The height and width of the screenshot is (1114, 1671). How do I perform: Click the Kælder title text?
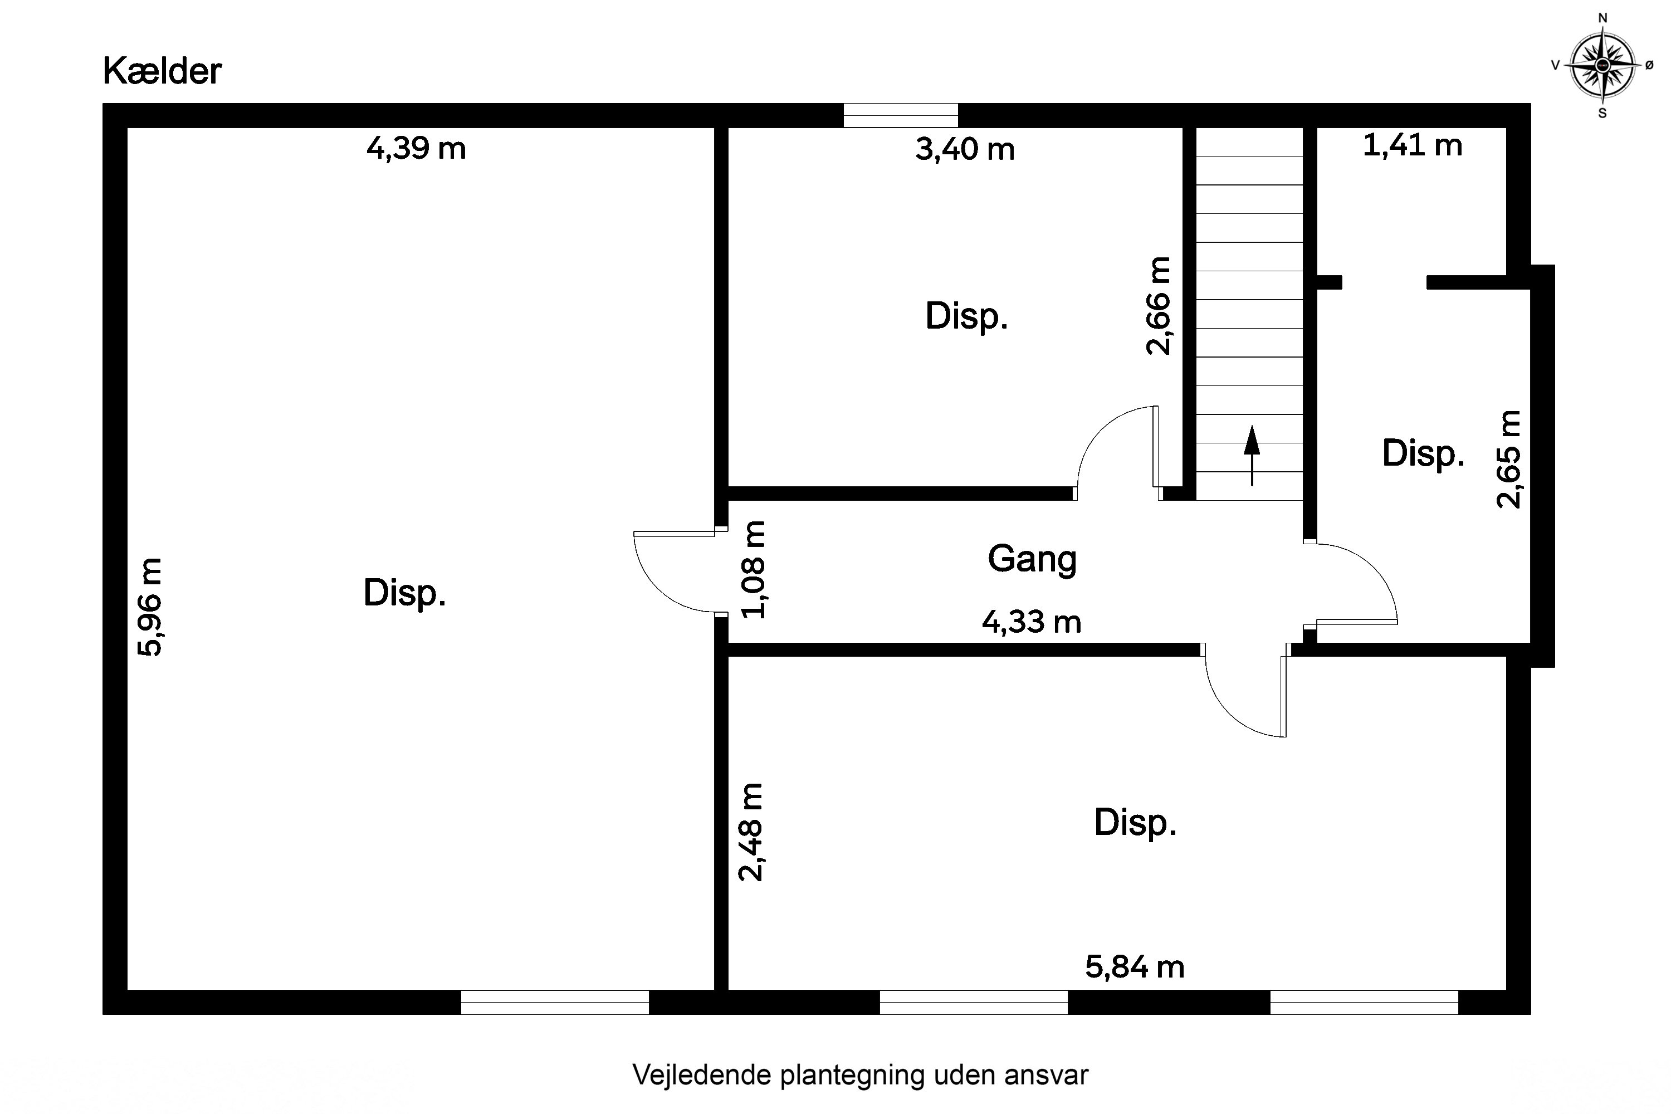162,71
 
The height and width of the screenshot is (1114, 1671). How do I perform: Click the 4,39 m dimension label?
416,149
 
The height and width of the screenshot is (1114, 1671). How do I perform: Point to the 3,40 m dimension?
964,150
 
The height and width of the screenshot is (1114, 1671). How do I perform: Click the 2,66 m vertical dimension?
1158,305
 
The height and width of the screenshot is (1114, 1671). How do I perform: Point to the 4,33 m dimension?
1031,622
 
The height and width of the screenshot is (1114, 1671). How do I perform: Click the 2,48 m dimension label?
750,832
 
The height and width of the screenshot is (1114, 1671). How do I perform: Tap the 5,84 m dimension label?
1134,967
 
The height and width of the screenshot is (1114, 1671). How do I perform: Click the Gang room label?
1032,559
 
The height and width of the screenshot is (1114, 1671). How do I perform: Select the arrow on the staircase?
1251,455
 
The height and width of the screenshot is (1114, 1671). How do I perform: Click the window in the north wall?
900,115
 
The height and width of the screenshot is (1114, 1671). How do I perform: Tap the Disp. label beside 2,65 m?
1423,453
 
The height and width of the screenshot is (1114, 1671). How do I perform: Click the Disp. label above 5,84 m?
1135,823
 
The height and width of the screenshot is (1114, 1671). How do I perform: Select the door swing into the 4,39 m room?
671,572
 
